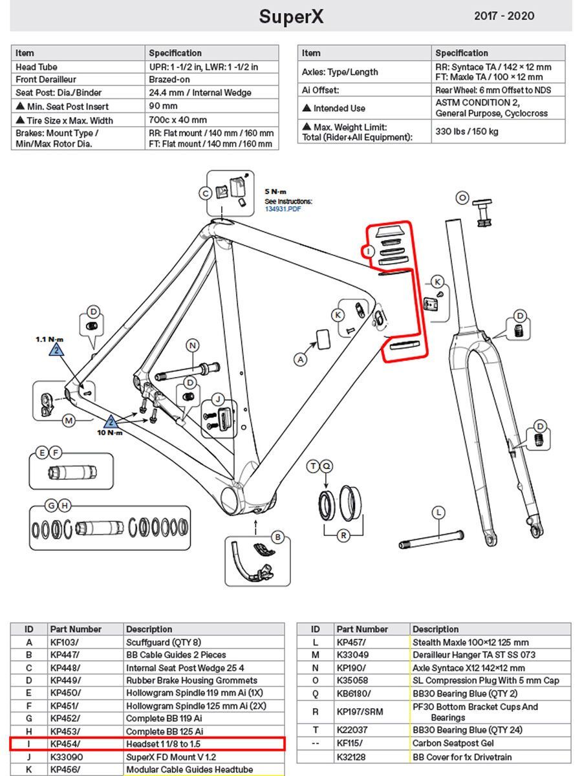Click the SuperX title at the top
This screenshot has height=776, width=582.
pos(290,16)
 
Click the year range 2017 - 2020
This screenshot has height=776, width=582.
pos(504,16)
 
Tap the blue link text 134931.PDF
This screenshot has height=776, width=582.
pos(283,208)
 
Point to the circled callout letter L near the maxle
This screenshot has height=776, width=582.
pos(439,513)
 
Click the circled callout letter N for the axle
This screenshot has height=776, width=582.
pos(192,345)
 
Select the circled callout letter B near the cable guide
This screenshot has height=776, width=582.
pos(277,537)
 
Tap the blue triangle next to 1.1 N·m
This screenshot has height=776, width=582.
pos(57,350)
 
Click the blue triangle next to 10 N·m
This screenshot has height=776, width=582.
pos(111,421)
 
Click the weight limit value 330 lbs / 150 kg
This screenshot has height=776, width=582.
pos(466,132)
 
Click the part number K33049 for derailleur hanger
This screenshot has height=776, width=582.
pos(354,654)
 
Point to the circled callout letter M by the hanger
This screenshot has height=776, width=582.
pos(69,421)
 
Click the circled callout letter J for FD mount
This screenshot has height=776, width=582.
pos(219,399)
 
